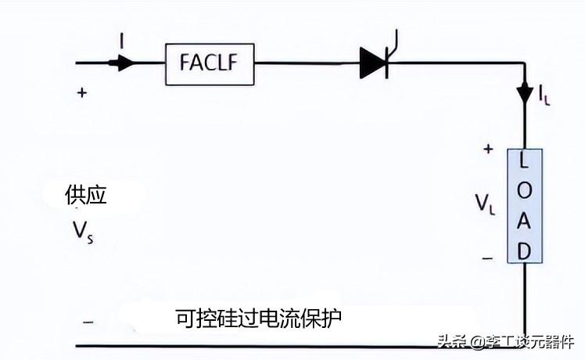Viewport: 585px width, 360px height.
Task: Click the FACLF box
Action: pos(210,63)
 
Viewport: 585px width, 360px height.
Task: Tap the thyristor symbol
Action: pos(375,63)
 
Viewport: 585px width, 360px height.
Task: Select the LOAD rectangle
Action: pos(524,205)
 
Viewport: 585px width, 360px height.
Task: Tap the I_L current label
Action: pos(544,95)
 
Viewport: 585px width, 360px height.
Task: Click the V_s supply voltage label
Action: pos(81,232)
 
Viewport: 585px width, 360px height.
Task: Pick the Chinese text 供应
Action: pos(86,196)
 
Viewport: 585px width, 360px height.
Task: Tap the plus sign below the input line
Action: pos(81,92)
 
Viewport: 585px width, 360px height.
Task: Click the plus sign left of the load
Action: pos(488,148)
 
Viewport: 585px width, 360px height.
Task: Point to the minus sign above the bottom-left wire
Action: pos(88,321)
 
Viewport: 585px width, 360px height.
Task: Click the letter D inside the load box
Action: pos(524,250)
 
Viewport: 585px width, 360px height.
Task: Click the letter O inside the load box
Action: pos(524,192)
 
